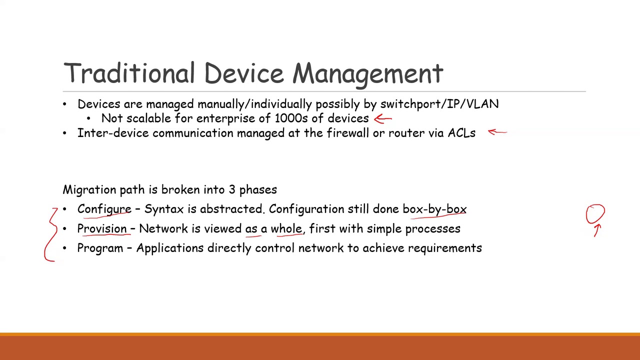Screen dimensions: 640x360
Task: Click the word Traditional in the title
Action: (129, 72)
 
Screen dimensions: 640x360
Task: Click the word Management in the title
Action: (368, 75)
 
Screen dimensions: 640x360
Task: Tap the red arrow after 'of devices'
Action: (383, 119)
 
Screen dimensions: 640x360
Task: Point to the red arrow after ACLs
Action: (497, 132)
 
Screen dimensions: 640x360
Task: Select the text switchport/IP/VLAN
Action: (439, 104)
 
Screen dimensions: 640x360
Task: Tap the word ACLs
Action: (461, 133)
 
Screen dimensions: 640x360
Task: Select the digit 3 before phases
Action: (231, 189)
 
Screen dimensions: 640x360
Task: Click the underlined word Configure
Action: (104, 209)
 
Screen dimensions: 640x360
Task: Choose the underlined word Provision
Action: (102, 228)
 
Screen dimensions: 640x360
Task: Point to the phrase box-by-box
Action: (434, 209)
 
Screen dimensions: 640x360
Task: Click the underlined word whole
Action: (286, 228)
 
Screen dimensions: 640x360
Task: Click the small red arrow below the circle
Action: (597, 230)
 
